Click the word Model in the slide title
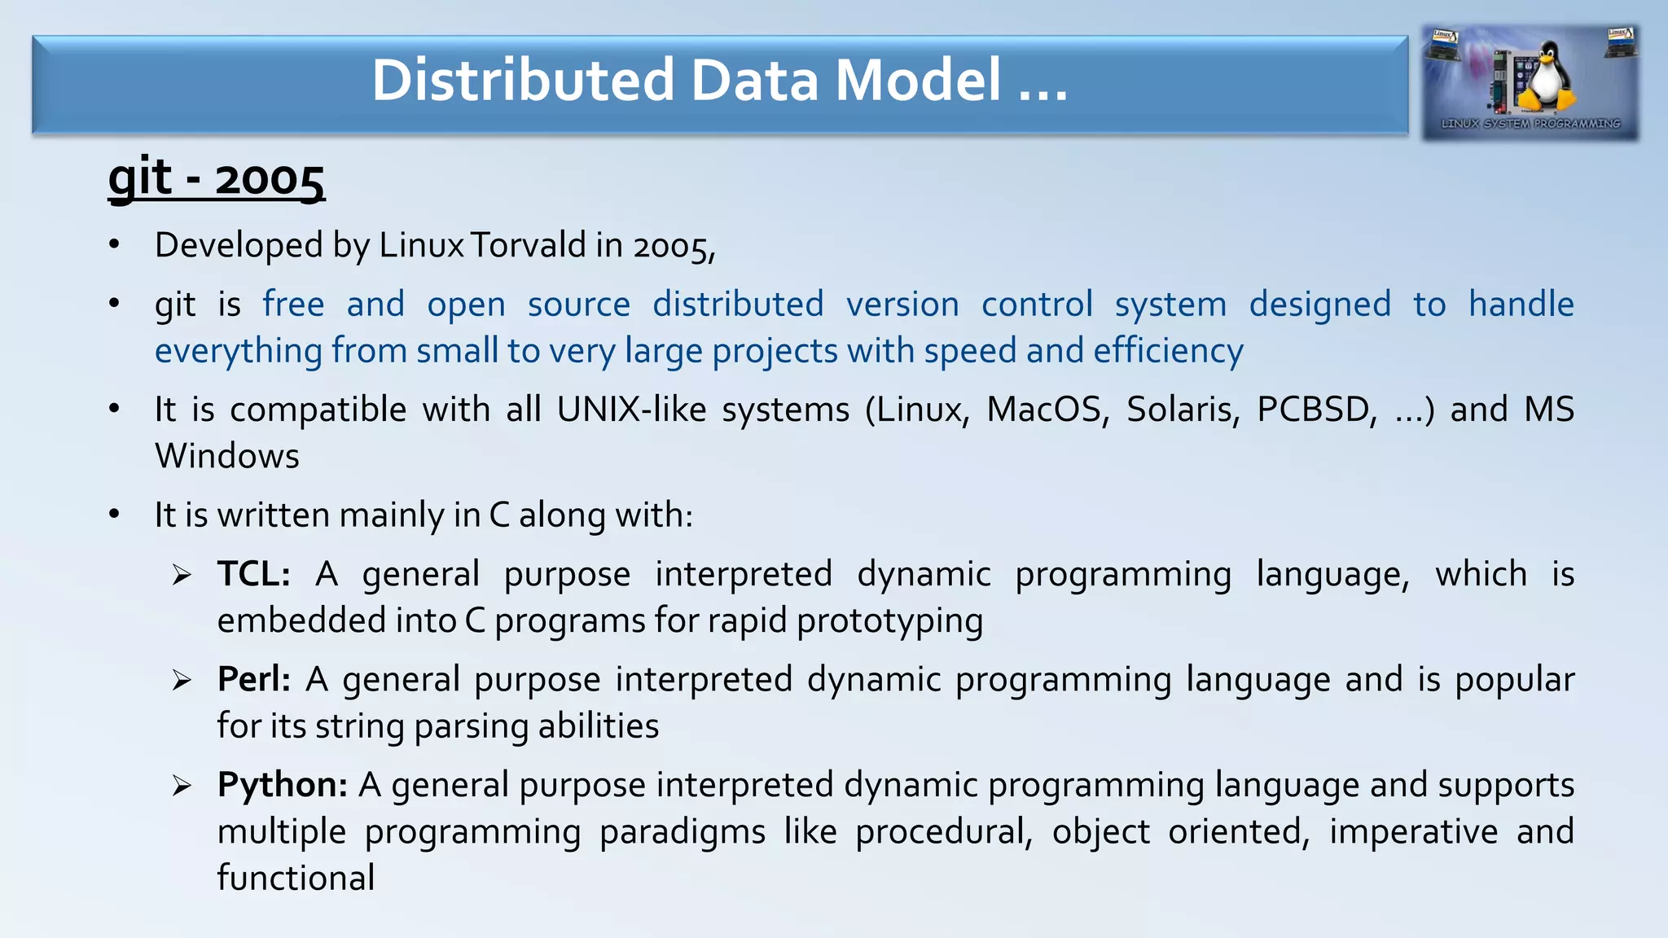918,80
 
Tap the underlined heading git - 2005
217,178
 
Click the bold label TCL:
254,574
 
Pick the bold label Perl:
254,679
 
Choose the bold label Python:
283,785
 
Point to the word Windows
227,456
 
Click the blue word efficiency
1168,351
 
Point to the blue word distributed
738,305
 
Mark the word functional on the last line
296,879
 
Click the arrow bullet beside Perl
182,680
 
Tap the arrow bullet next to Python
182,786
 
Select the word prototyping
889,621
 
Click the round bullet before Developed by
115,244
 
